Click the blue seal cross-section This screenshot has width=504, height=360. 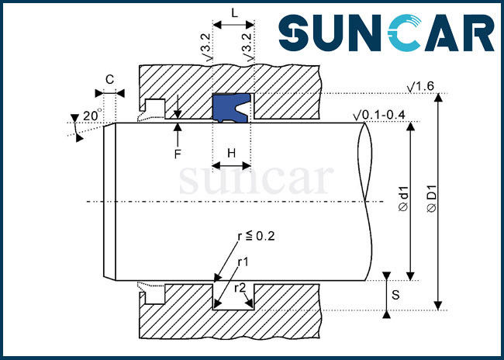[x=231, y=108]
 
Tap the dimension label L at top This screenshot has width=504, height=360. [x=235, y=13]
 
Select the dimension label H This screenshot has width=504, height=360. [x=231, y=154]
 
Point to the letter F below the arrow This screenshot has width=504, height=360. [x=178, y=154]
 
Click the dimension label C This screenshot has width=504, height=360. [x=109, y=79]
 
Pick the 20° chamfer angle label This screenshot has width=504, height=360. [x=92, y=115]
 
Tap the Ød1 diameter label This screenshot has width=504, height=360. [x=404, y=199]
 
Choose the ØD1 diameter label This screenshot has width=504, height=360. [x=432, y=199]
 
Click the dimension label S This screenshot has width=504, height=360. [x=395, y=295]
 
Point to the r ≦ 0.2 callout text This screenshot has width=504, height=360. [x=256, y=237]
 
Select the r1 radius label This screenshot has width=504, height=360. [x=243, y=262]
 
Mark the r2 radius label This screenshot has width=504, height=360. [x=240, y=288]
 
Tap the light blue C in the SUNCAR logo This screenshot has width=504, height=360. [x=405, y=33]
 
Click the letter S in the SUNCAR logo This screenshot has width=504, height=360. [x=293, y=33]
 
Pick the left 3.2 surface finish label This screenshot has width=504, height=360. [x=208, y=47]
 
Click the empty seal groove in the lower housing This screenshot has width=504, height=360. [x=233, y=296]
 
